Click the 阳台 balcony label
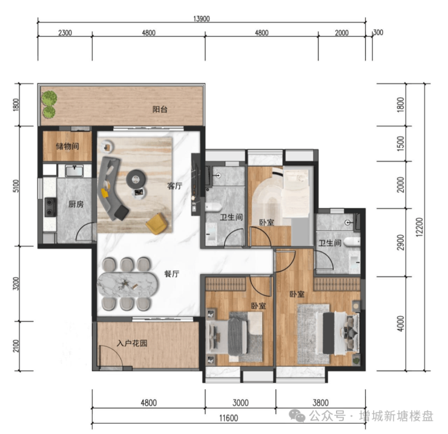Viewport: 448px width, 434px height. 160,109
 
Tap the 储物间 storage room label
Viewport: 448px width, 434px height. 67,146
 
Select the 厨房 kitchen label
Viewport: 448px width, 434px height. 76,204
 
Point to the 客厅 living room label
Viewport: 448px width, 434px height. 174,186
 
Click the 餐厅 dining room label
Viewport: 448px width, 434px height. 172,274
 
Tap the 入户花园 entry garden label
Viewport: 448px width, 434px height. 132,343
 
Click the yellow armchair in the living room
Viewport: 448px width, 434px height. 157,224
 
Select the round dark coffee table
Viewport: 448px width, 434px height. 136,178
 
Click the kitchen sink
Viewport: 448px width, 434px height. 74,170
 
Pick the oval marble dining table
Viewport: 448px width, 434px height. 127,284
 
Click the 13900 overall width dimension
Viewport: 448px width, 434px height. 202,19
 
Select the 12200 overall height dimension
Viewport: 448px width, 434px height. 419,227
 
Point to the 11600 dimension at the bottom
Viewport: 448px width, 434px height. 229,418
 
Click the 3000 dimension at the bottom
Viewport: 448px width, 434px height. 240,403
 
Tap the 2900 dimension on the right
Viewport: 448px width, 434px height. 401,242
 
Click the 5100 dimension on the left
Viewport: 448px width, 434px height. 16,186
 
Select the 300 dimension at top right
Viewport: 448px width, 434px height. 378,33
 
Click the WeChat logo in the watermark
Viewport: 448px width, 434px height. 297,416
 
